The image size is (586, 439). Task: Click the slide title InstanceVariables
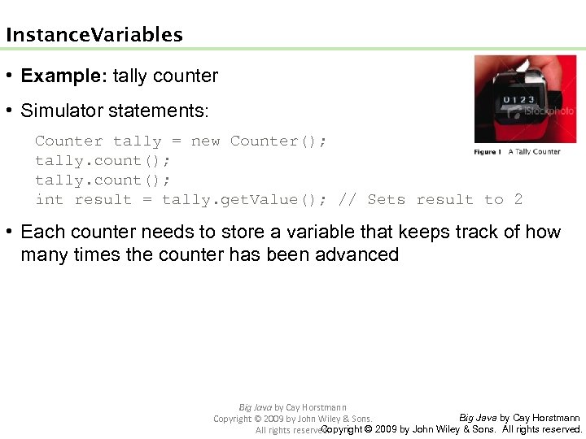[94, 35]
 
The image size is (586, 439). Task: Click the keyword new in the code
[205, 141]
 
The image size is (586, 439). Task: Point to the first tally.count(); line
[103, 161]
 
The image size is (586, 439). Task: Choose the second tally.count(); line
[103, 180]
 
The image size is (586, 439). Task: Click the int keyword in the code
[49, 200]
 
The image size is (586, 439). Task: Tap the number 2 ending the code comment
[518, 200]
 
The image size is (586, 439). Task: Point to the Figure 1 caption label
[487, 152]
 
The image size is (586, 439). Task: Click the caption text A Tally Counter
[535, 152]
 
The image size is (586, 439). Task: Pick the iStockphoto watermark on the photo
[553, 111]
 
